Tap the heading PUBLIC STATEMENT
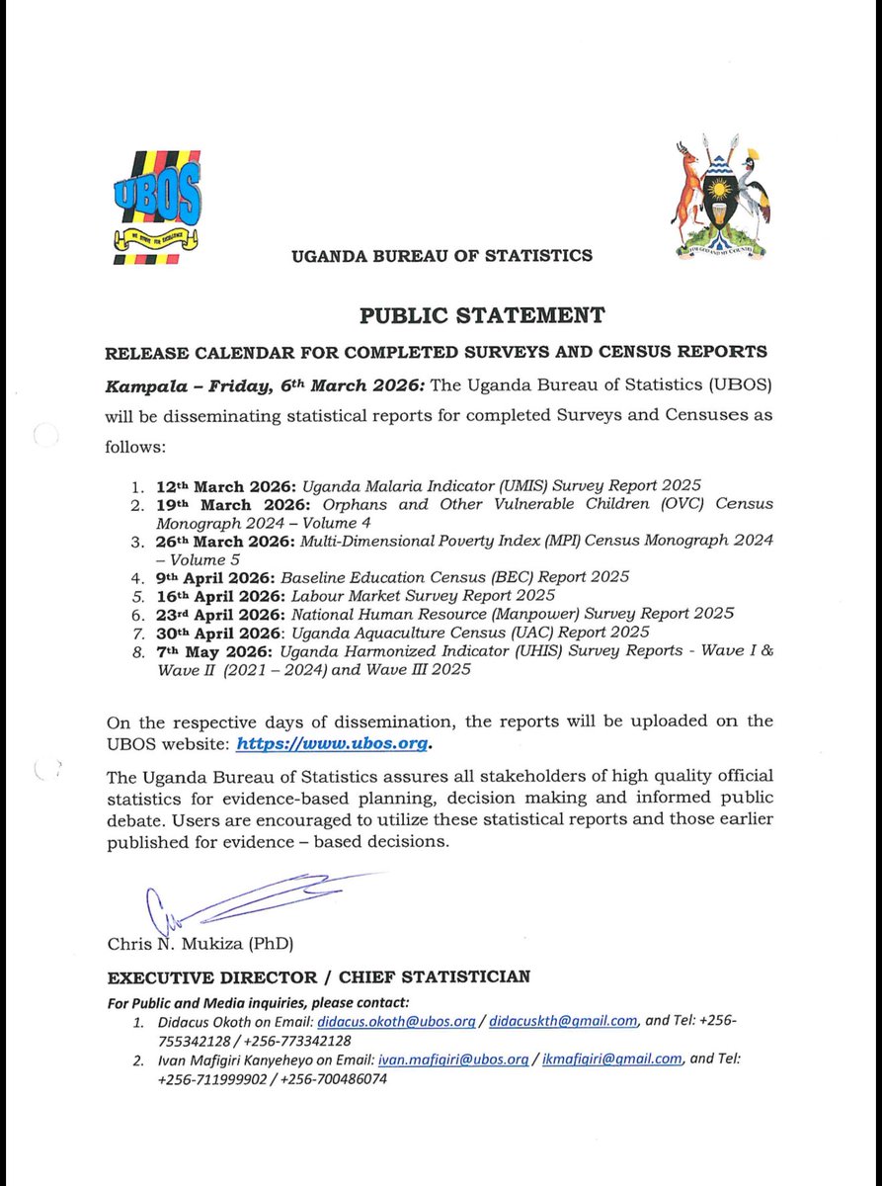(x=481, y=316)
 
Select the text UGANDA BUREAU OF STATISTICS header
(x=441, y=256)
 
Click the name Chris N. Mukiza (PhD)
(x=200, y=943)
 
